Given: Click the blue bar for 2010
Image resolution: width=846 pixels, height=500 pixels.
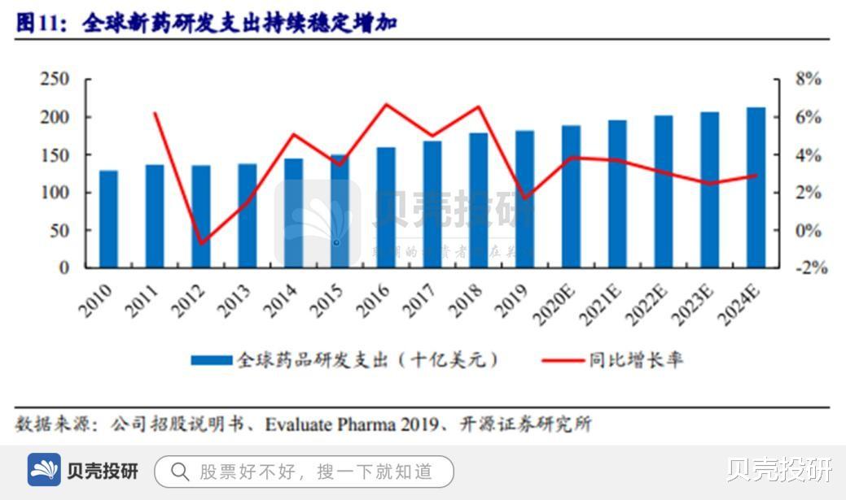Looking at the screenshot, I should [x=108, y=219].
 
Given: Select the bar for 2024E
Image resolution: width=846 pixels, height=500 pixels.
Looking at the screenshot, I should [x=756, y=187].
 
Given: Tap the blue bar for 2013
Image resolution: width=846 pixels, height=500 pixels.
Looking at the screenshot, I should [x=247, y=215].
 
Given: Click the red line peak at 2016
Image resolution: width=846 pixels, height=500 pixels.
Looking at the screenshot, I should [x=387, y=104].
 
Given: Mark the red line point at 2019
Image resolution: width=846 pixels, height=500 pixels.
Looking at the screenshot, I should [x=526, y=198].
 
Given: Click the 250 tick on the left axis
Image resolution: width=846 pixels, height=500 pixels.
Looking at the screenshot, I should [x=55, y=80].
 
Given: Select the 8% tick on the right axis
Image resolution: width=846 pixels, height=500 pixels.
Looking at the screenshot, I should [x=808, y=80].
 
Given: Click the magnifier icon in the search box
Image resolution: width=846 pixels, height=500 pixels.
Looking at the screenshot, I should [x=180, y=472].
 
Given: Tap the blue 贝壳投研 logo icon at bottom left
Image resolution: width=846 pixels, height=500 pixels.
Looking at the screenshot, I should [x=45, y=471].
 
